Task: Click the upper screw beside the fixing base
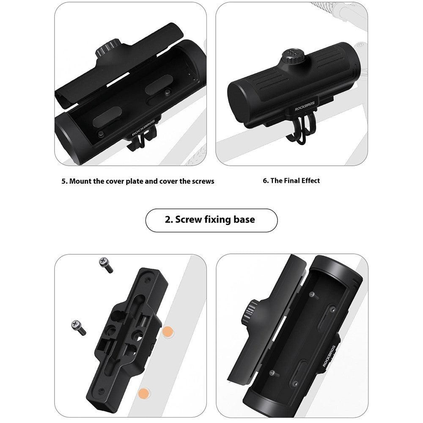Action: tap(106, 265)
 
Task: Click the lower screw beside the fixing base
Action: tap(79, 327)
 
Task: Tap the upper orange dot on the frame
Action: tap(167, 332)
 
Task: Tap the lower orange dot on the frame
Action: tap(143, 393)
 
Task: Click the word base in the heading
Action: tap(244, 220)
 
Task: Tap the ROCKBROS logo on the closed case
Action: tap(305, 107)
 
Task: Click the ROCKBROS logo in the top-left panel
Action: tap(143, 128)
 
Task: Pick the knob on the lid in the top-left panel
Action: tap(107, 48)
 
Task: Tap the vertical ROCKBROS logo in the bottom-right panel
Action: tap(329, 356)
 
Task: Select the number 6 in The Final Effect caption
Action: tap(265, 181)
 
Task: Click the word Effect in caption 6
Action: tap(310, 181)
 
